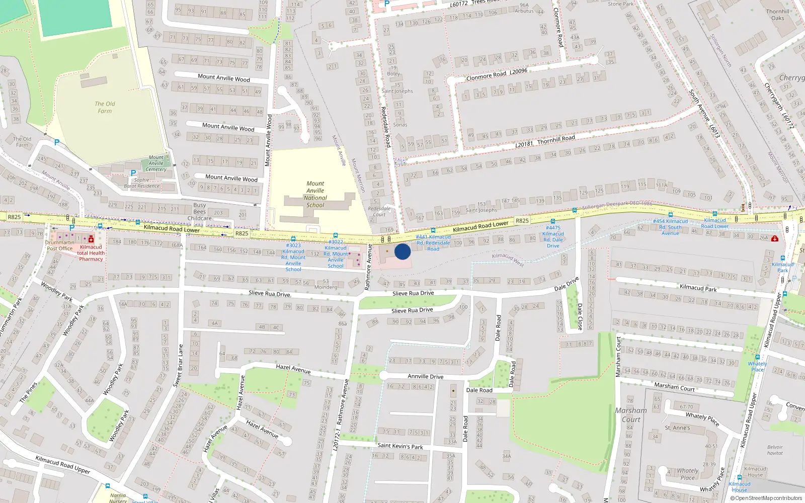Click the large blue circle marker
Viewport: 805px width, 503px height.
pos(403,251)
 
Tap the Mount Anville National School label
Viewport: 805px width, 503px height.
pos(315,194)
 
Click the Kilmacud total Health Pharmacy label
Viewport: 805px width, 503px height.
pos(91,253)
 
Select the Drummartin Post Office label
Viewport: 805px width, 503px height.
pos(59,245)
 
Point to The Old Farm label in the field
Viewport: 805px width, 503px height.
pos(105,107)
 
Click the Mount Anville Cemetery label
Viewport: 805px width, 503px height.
pos(156,163)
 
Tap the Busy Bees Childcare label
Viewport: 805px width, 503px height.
pos(200,212)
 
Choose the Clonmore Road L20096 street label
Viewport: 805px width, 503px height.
pos(497,74)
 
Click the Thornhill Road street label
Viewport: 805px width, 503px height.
pos(556,139)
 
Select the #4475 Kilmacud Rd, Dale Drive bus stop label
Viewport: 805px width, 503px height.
pos(553,237)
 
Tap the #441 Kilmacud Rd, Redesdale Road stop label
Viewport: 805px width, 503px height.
pos(433,242)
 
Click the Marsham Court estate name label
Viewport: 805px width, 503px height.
pos(631,414)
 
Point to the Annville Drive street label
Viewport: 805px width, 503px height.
pos(425,376)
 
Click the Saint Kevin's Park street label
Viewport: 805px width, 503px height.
pos(400,446)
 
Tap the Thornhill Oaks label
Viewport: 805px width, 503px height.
pos(777,15)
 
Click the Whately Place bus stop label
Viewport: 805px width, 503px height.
pos(757,366)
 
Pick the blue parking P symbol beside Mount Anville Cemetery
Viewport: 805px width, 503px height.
pos(133,173)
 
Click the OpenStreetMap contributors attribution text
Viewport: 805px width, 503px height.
pos(765,498)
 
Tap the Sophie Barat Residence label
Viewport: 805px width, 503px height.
pos(141,183)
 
